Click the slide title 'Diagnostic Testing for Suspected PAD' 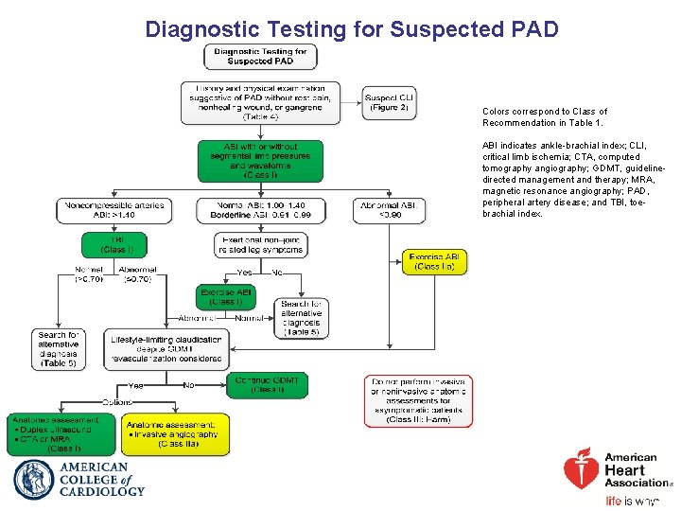point(352,29)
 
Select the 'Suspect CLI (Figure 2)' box point(389,102)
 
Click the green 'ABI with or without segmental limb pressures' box point(260,161)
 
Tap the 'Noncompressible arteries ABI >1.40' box point(114,210)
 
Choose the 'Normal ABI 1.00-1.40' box point(260,210)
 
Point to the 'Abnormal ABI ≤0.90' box point(389,210)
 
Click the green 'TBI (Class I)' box point(118,244)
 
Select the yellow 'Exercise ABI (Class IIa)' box point(434,262)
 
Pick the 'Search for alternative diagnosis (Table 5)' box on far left point(59,349)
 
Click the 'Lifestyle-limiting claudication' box point(166,349)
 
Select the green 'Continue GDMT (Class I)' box point(267,385)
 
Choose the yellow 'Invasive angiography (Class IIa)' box point(175,434)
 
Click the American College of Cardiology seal point(34,480)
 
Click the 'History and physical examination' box point(260,102)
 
